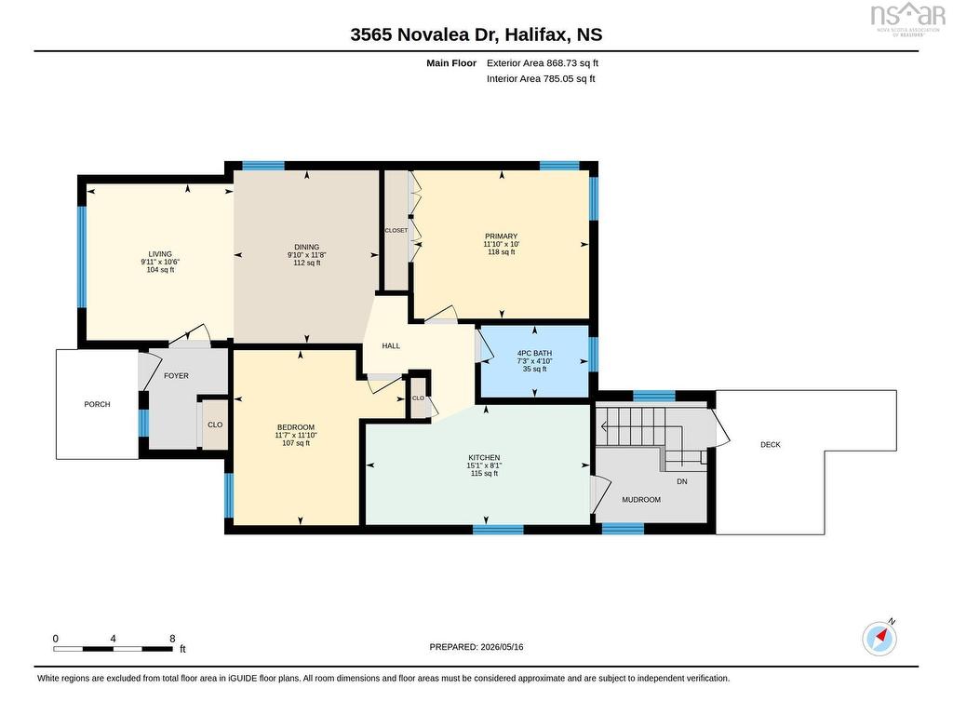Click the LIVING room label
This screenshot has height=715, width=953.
pos(160,254)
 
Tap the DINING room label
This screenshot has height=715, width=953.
pos(307,248)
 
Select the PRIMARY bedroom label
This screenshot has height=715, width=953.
pos(502,236)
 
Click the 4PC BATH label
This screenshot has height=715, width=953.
pos(535,353)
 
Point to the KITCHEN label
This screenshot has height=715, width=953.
pos(484,458)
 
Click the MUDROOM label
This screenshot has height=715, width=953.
pos(641,500)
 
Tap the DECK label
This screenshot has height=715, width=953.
pos(771,444)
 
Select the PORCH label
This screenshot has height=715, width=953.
pos(97,404)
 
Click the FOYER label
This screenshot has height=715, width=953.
pos(176,376)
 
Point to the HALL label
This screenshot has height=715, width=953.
pos(391,346)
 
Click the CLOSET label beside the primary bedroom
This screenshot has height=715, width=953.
pos(396,231)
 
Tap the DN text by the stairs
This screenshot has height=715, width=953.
pos(682,481)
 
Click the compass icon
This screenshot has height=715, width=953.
pos(879,639)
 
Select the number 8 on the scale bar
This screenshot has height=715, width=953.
pos(172,639)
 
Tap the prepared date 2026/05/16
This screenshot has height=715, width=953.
pos(502,647)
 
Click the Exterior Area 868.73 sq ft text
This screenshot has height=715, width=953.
pos(543,62)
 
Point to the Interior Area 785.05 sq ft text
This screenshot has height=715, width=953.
pos(541,78)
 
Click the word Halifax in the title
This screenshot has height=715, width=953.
pos(537,34)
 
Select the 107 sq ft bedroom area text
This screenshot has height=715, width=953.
pos(296,443)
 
